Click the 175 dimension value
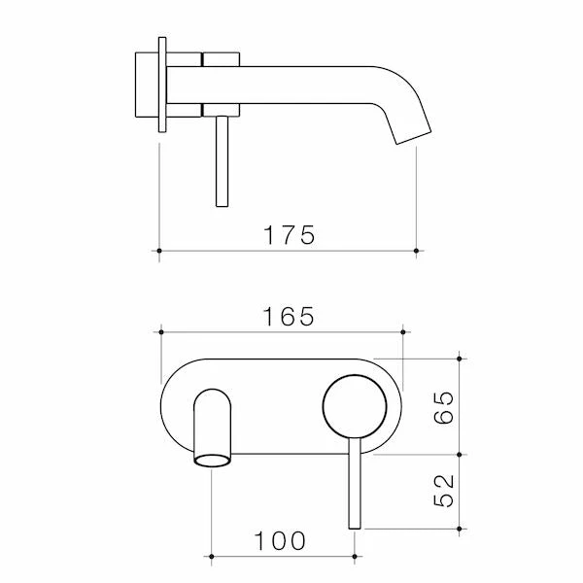pos(289,235)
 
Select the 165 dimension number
pos(289,317)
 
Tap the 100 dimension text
pos(280,541)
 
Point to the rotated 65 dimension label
pos(444,407)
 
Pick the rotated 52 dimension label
pos(444,491)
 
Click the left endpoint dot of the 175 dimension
pos(159,251)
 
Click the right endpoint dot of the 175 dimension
pos(416,251)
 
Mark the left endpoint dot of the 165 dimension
pos(161,331)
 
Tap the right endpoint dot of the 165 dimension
pos(403,331)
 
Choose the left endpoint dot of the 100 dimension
pos(211,557)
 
